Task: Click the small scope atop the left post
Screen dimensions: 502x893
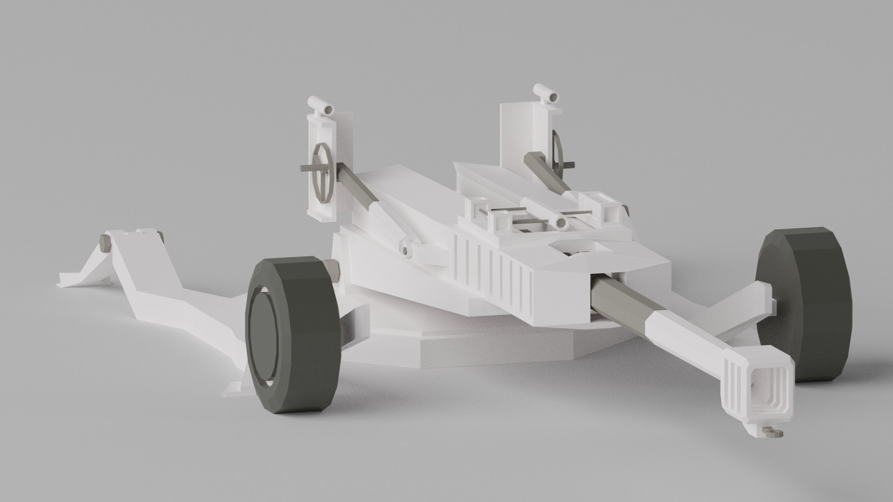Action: pyautogui.click(x=322, y=107)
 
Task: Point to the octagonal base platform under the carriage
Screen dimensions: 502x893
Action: pyautogui.click(x=465, y=349)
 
